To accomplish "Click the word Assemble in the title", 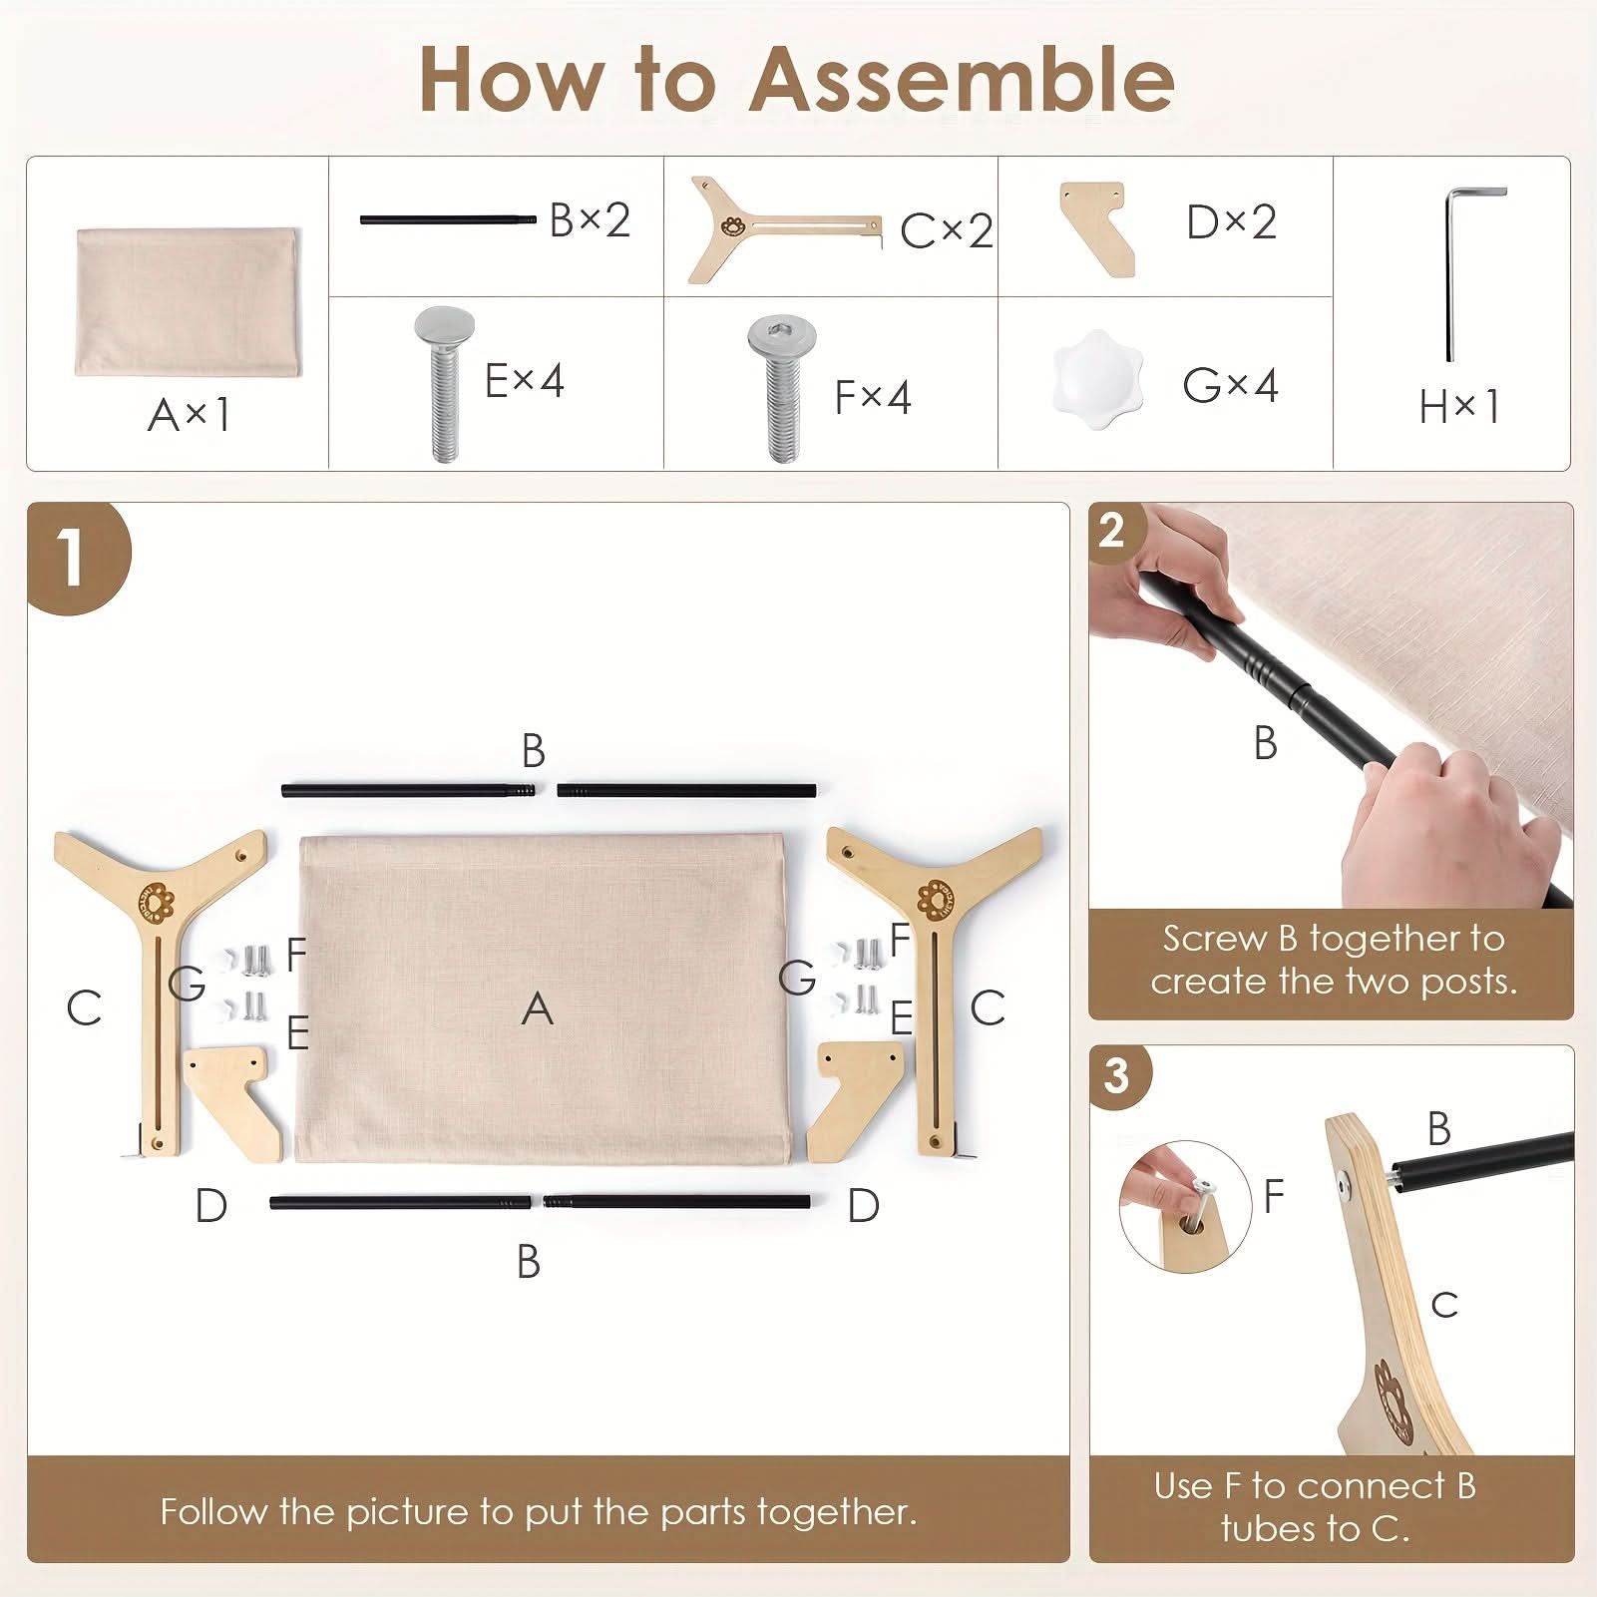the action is (x=962, y=79).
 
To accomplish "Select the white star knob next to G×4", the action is (x=1096, y=380).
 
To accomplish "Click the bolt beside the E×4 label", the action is (x=444, y=385).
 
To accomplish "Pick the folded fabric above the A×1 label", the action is (x=188, y=302).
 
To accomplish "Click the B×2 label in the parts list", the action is (x=591, y=219).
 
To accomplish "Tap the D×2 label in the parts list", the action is (x=1232, y=221).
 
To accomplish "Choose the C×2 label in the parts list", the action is (x=947, y=231).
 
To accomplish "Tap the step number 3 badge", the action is (x=1117, y=1075).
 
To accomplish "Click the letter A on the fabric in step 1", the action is (x=538, y=1008).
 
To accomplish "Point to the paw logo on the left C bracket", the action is (x=157, y=901).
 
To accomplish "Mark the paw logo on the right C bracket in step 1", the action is (x=936, y=899).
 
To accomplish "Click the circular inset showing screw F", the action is (x=1185, y=1206).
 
